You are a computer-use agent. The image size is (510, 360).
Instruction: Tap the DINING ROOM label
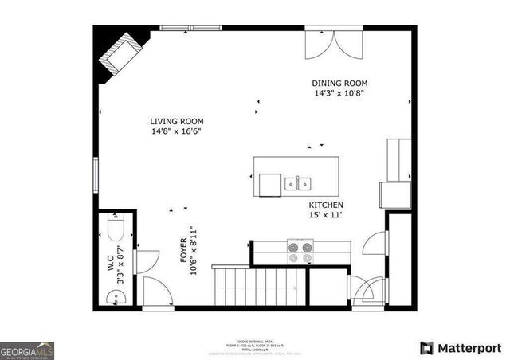(339, 84)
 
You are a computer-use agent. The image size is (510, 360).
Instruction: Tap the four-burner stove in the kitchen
(300, 252)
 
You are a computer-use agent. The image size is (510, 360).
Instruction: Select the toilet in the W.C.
(113, 230)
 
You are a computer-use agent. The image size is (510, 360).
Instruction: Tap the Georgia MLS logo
(26, 350)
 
